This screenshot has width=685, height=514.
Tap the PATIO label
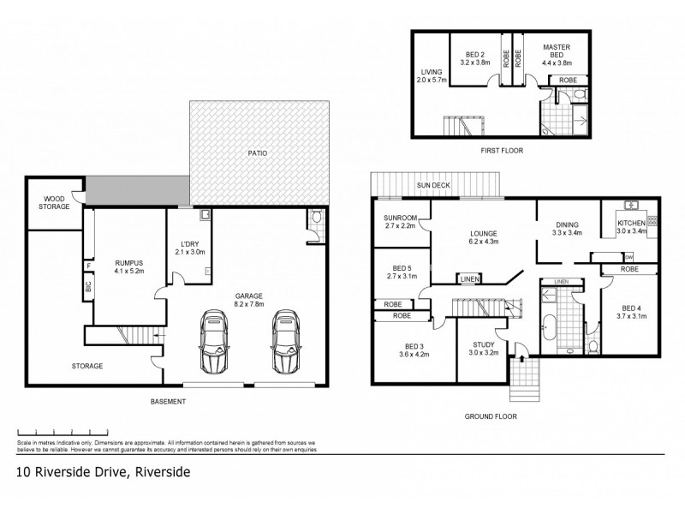[258, 152]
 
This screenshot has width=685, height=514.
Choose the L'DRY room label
[185, 242]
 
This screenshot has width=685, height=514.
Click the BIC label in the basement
[87, 286]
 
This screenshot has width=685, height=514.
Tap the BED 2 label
[474, 53]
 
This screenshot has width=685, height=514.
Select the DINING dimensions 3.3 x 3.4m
[567, 231]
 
